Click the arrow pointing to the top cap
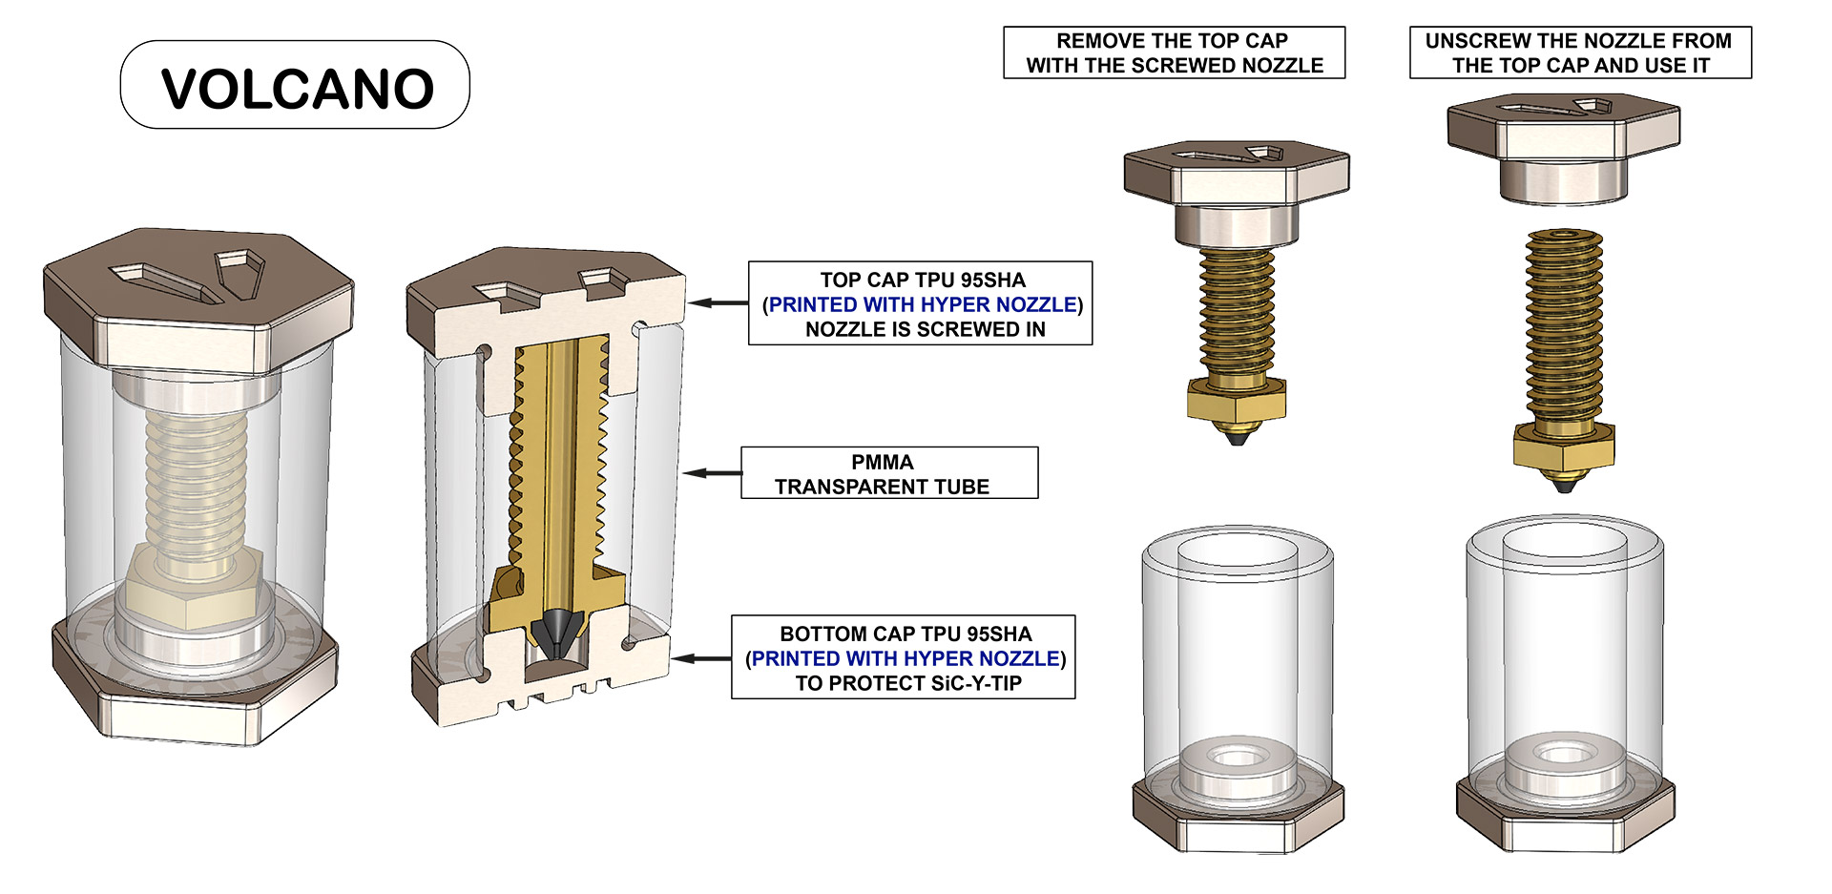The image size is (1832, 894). coord(718,302)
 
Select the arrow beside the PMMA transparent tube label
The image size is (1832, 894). coord(712,472)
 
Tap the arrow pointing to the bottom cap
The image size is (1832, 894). coord(700,657)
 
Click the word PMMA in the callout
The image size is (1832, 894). coord(883,462)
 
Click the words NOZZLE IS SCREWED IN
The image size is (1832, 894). coord(926,329)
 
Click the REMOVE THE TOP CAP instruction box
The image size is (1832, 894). coord(1175,52)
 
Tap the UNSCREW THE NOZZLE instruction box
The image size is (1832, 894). coord(1580,52)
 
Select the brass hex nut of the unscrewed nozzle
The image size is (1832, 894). coord(1564,445)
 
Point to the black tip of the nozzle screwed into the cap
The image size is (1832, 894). coord(1238,437)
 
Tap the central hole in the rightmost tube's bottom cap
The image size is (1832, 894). coord(1564,755)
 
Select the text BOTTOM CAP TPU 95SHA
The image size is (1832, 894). coord(906,634)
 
